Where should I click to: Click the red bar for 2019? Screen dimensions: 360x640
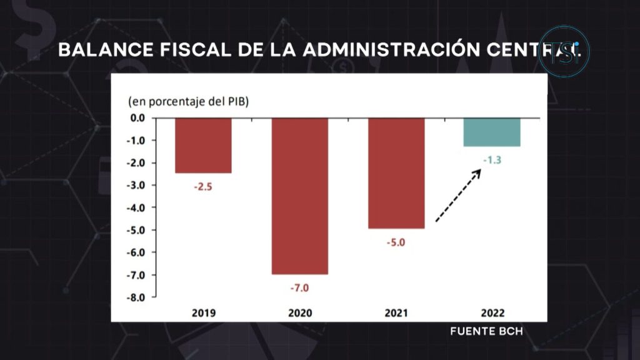(x=203, y=145)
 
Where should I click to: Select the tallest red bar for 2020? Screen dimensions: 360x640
(x=299, y=196)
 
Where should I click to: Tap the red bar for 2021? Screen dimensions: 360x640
(x=396, y=173)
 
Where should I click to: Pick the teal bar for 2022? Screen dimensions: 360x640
(x=492, y=132)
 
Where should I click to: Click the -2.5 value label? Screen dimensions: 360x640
(x=203, y=186)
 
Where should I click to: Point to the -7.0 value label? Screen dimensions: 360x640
(x=299, y=288)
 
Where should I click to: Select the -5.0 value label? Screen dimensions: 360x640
(x=396, y=242)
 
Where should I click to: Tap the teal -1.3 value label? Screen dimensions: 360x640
(x=492, y=160)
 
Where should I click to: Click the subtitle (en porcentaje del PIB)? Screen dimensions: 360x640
(x=188, y=101)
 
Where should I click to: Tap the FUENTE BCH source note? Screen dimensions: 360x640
(x=486, y=331)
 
